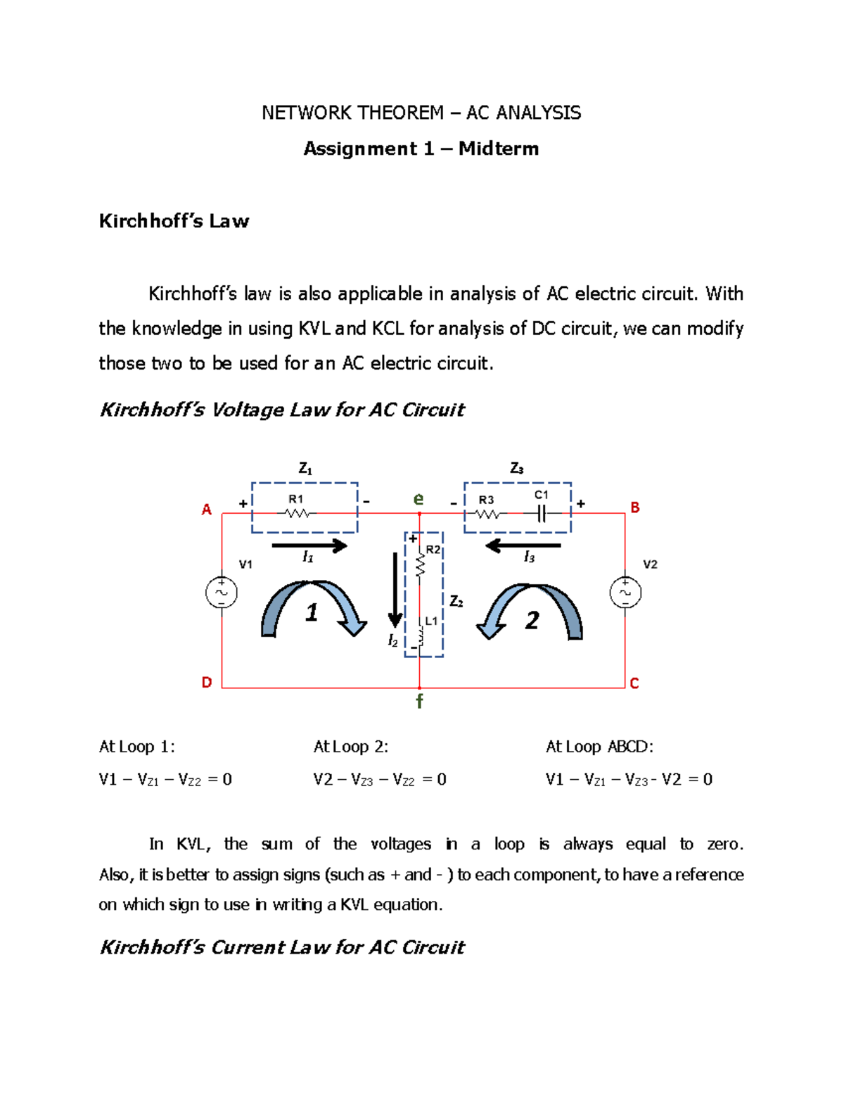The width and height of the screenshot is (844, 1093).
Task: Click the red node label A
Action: pyautogui.click(x=207, y=510)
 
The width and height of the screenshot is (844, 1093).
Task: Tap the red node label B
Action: pyautogui.click(x=635, y=507)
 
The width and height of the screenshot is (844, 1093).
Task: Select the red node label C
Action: pyautogui.click(x=634, y=683)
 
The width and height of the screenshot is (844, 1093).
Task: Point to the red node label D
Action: pyautogui.click(x=207, y=683)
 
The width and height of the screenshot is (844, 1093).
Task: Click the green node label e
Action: pyautogui.click(x=418, y=499)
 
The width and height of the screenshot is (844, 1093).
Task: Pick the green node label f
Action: pyautogui.click(x=419, y=701)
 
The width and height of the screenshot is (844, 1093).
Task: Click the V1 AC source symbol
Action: pyautogui.click(x=222, y=593)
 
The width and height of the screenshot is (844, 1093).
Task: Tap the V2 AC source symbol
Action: pyautogui.click(x=625, y=593)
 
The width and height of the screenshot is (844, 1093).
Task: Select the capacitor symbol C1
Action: pyautogui.click(x=542, y=514)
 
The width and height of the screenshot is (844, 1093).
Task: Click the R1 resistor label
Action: pyautogui.click(x=296, y=499)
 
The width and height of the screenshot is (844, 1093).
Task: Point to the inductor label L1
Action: pyautogui.click(x=431, y=621)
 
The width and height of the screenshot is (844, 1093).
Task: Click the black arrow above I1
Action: pyautogui.click(x=309, y=545)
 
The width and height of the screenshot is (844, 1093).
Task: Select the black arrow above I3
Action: pyautogui.click(x=523, y=545)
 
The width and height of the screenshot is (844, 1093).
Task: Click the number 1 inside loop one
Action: pyautogui.click(x=312, y=613)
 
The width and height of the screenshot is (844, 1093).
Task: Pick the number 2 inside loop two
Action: pyautogui.click(x=532, y=621)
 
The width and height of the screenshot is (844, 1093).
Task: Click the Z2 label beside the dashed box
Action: pyautogui.click(x=456, y=602)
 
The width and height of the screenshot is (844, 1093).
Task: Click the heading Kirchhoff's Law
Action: pyautogui.click(x=174, y=221)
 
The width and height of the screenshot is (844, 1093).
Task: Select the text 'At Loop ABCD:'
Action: pyautogui.click(x=599, y=747)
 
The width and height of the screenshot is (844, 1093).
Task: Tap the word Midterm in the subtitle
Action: pyautogui.click(x=499, y=149)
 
